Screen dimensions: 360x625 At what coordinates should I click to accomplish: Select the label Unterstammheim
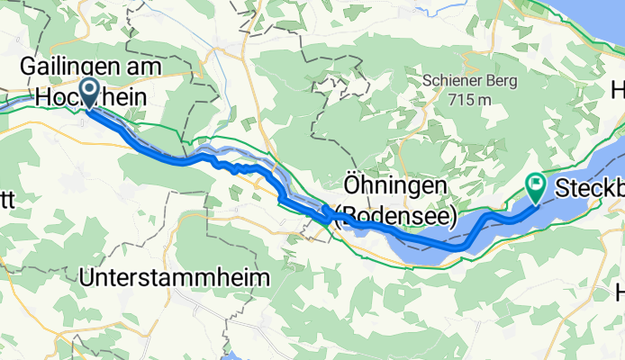click(175, 279)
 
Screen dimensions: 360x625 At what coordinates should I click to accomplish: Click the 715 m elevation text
click(470, 99)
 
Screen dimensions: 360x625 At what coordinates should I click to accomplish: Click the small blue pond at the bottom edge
click(237, 355)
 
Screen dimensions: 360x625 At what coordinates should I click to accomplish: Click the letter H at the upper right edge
click(618, 90)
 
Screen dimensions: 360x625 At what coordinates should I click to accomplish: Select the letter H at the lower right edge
click(618, 292)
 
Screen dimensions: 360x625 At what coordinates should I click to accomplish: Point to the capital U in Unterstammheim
click(86, 279)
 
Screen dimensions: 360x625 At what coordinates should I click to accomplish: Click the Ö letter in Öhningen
click(351, 185)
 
